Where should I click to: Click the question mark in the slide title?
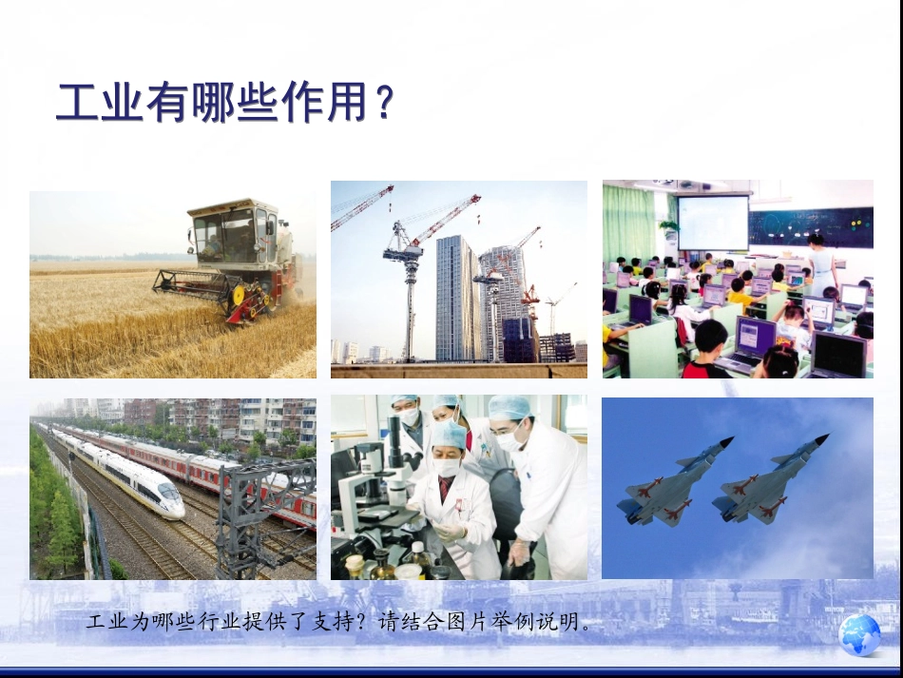383,104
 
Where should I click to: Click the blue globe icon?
861,634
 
